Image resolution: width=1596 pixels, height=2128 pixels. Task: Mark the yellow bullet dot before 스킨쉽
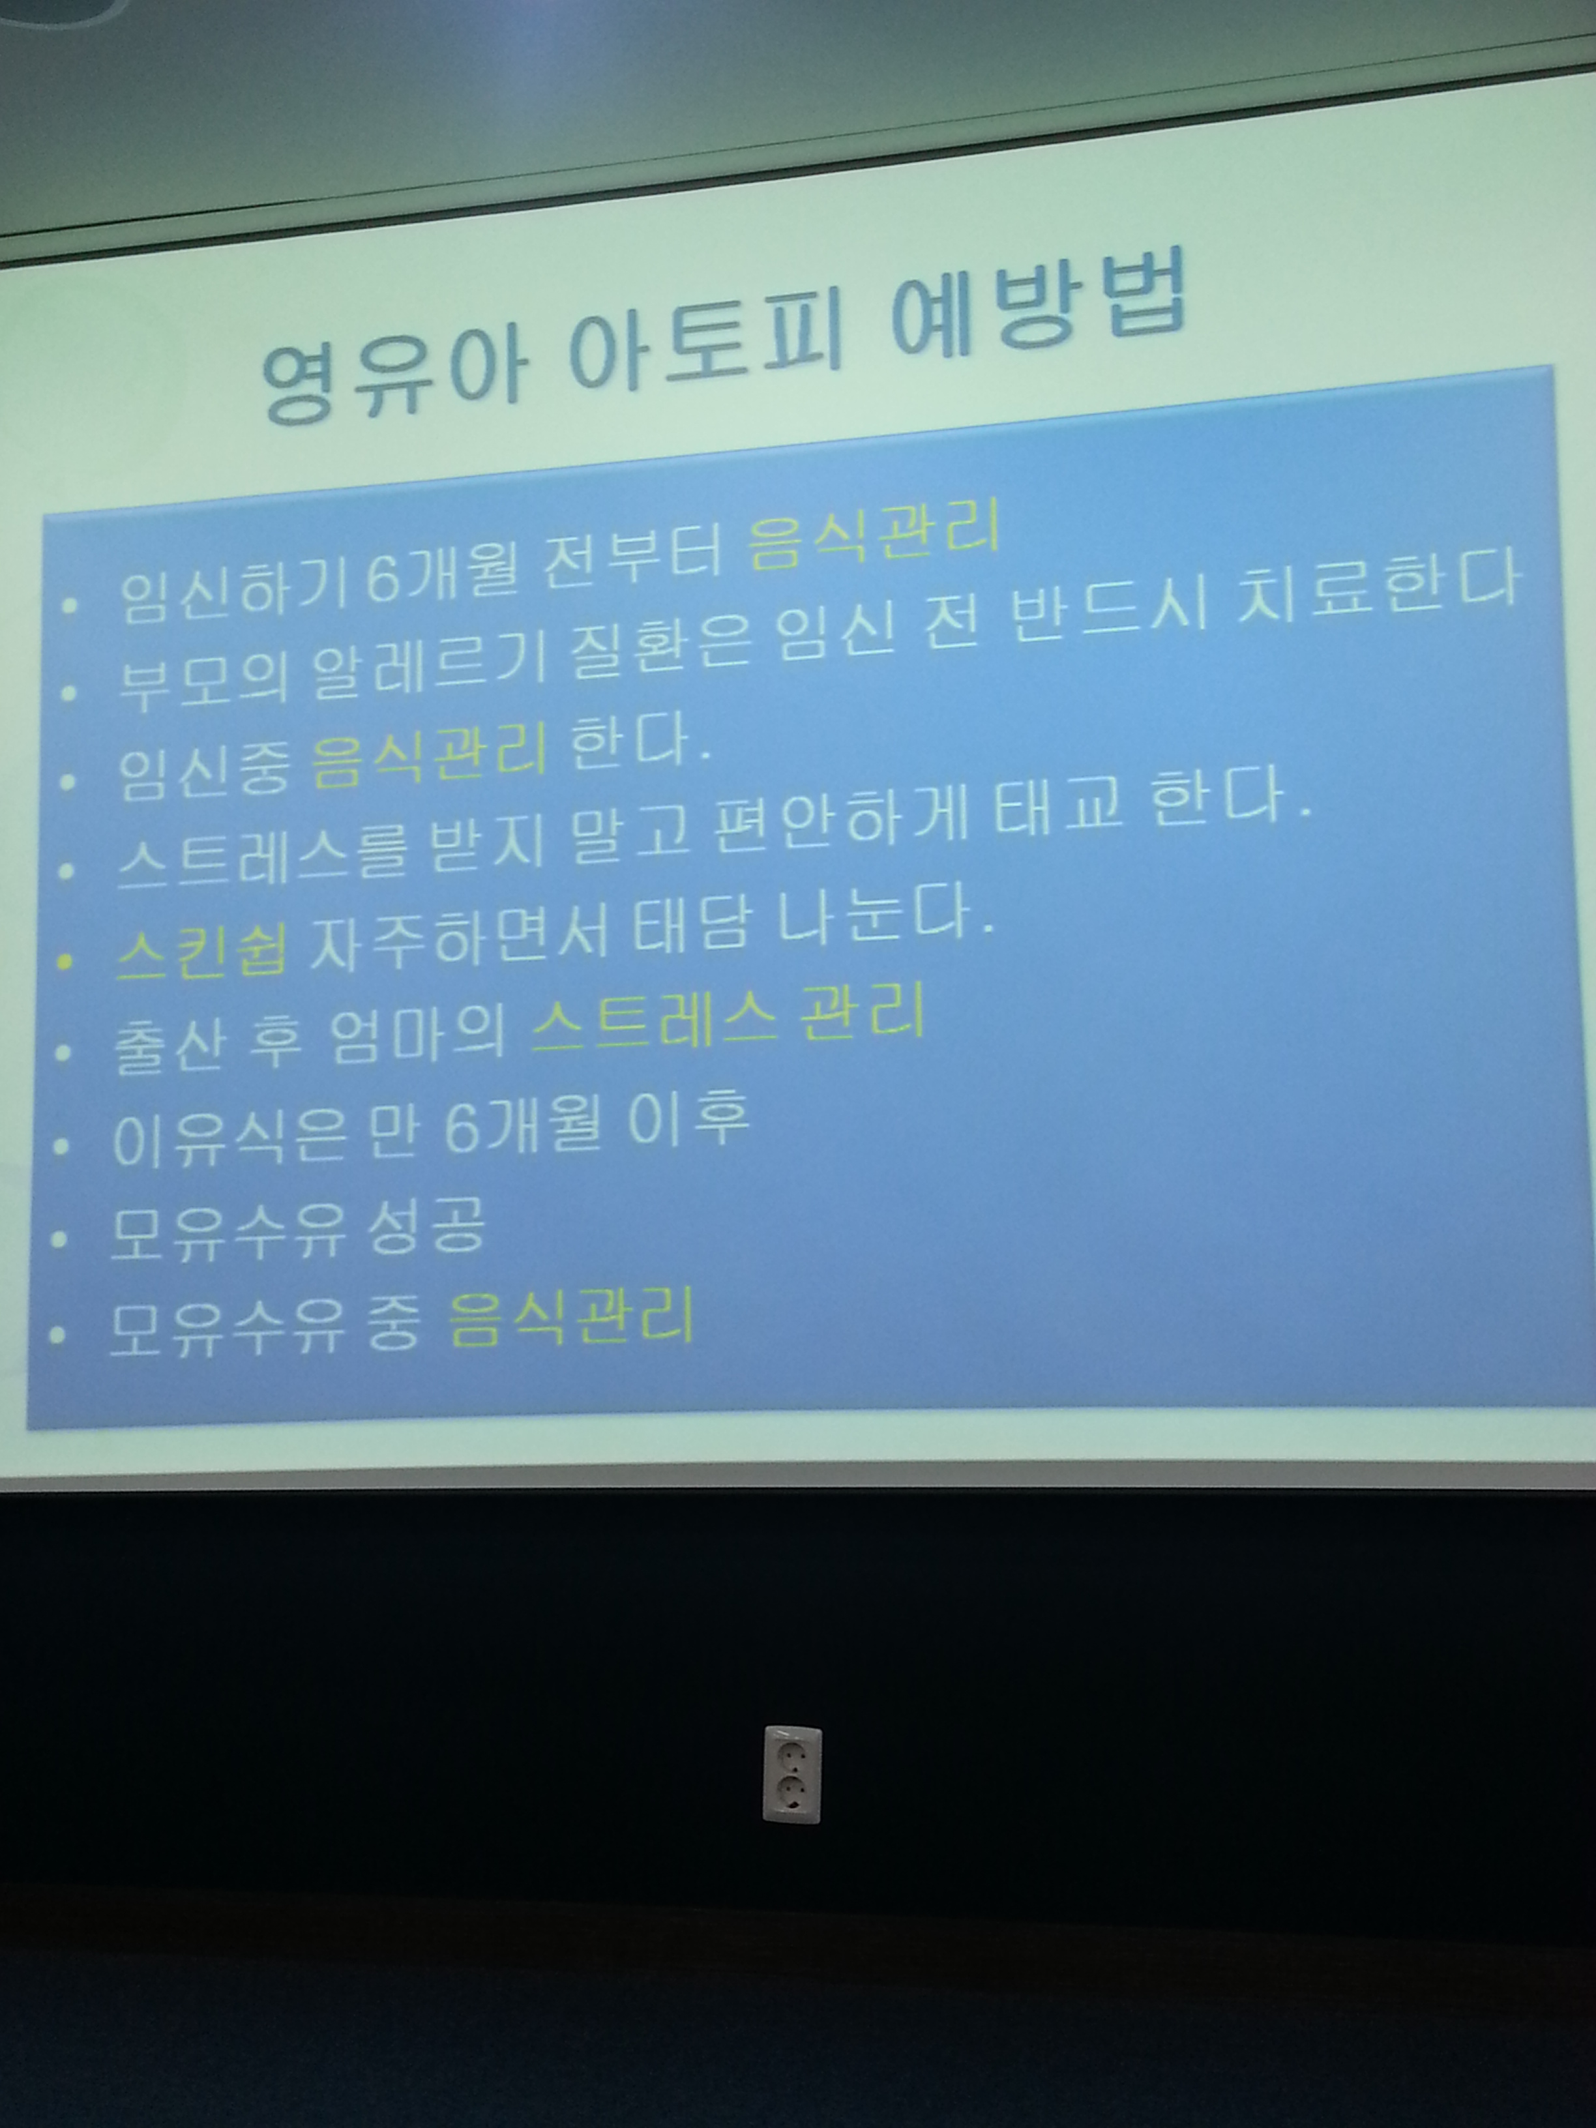click(65, 960)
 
